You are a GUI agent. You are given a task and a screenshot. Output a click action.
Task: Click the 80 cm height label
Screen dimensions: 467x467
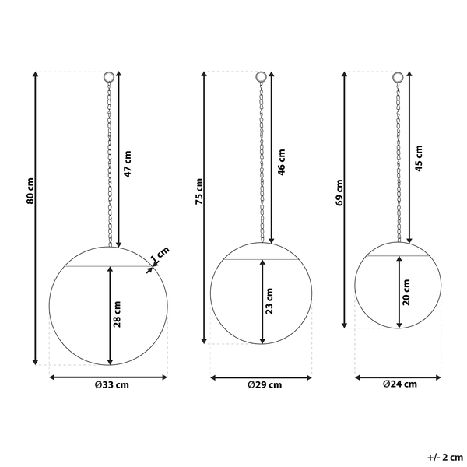pos(30,191)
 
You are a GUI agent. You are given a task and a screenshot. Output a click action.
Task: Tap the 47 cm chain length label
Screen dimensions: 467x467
pos(127,164)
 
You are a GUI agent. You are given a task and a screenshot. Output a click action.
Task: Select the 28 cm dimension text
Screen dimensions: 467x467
pos(117,314)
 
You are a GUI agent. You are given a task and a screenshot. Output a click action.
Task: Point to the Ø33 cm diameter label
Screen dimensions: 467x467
pos(112,385)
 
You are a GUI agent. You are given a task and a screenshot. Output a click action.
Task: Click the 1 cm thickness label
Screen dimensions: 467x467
pos(160,255)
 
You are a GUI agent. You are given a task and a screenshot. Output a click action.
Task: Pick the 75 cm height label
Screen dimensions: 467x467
pos(199,191)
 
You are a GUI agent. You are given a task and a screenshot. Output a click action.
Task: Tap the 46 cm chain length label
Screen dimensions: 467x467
pos(281,163)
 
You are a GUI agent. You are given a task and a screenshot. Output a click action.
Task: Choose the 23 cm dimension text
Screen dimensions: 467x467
pos(269,301)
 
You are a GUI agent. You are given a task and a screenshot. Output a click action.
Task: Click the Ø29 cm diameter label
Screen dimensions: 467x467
pos(265,385)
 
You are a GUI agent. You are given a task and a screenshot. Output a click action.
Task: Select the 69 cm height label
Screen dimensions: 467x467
pos(339,192)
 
